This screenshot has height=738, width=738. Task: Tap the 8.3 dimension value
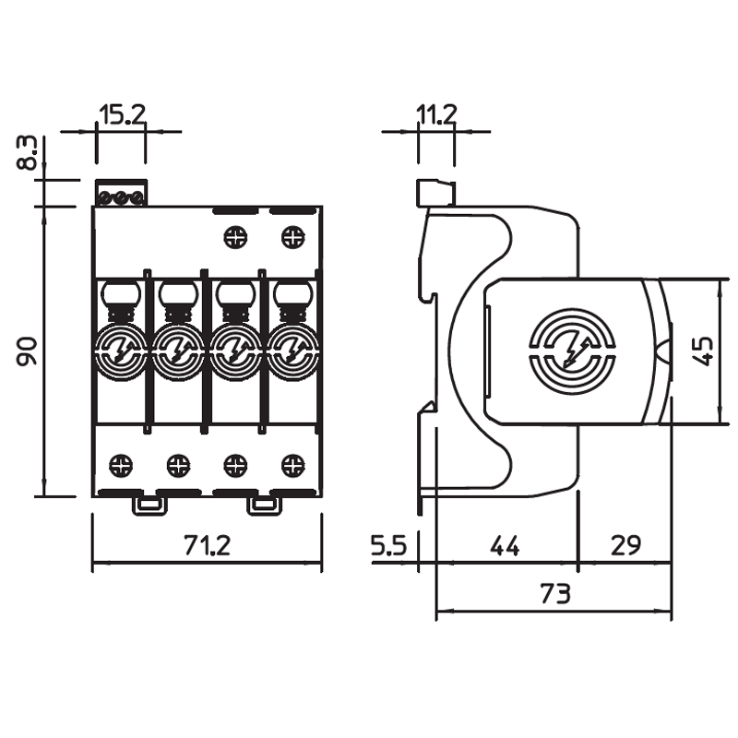click(29, 153)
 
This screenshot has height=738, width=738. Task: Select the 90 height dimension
click(28, 351)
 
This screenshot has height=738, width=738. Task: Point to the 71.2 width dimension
click(206, 545)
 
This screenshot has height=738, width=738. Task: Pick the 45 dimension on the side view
click(703, 350)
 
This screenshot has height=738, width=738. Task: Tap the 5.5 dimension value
click(388, 545)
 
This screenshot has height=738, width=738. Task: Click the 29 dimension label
click(625, 545)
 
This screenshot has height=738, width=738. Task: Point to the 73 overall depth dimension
click(553, 593)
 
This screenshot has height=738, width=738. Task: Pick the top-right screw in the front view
click(292, 237)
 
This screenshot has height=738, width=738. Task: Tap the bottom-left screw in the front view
click(120, 463)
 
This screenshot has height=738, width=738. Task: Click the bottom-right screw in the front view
click(292, 463)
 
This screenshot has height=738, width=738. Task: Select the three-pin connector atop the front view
click(121, 196)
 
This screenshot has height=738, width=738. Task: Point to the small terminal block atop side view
click(435, 194)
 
